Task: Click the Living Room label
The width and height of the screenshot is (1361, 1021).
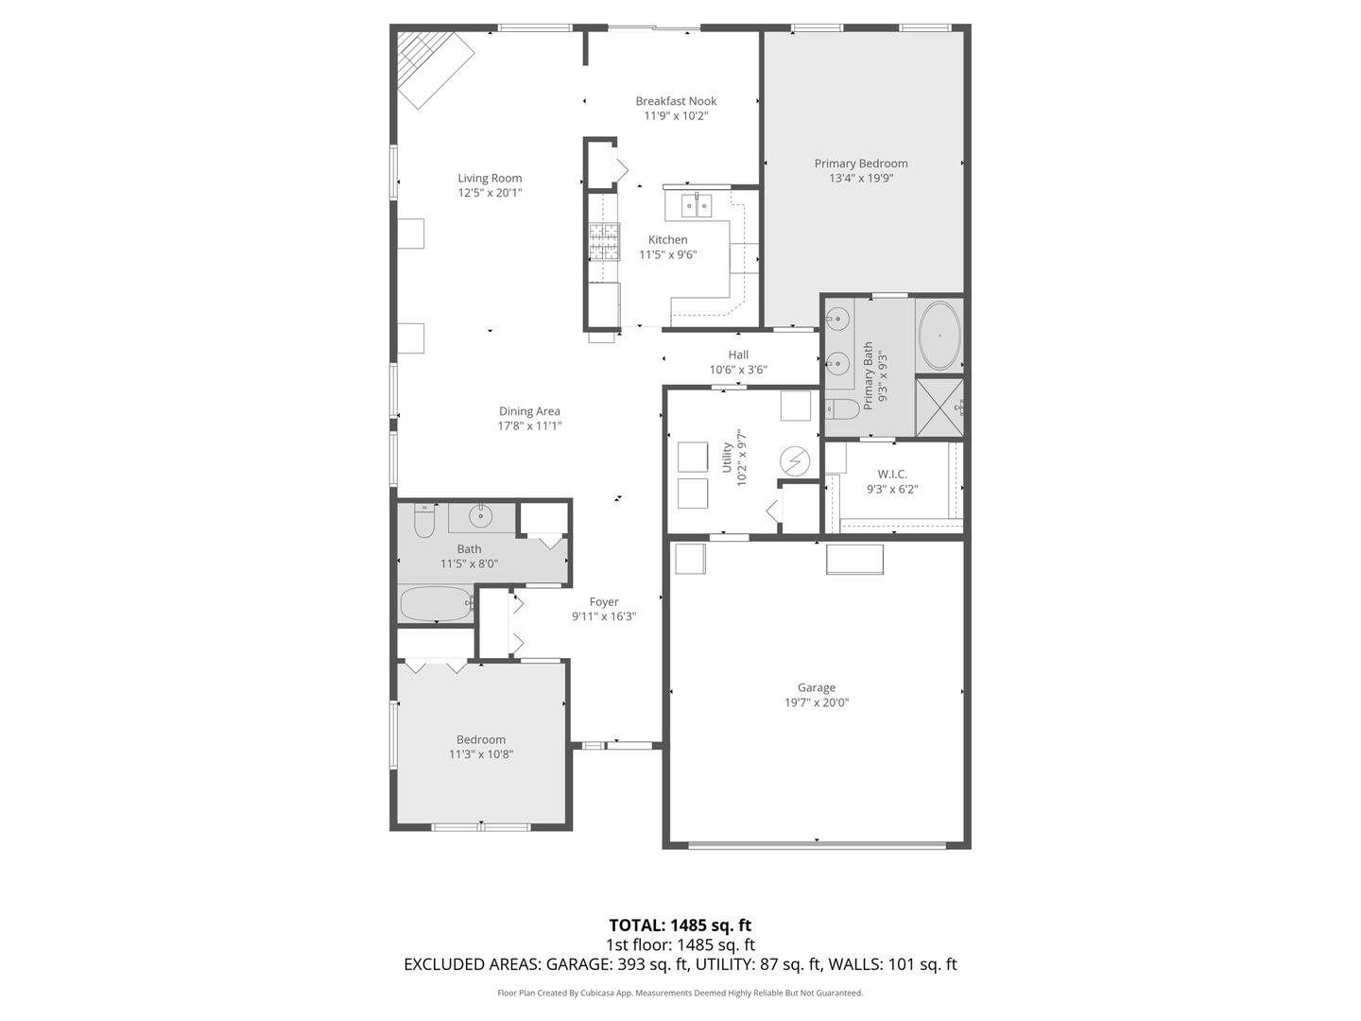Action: [x=490, y=178]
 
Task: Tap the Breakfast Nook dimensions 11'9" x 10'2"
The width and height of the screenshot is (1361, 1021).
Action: [x=676, y=116]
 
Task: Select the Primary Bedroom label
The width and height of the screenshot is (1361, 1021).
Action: [x=861, y=164]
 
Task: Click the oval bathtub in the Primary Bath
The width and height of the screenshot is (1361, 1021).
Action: [x=939, y=336]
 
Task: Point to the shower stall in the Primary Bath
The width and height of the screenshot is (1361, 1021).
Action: [x=939, y=407]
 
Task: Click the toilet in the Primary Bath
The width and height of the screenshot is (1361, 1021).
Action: [x=841, y=408]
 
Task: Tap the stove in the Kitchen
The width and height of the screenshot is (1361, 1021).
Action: [x=605, y=241]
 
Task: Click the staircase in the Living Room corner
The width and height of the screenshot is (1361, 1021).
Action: [x=433, y=68]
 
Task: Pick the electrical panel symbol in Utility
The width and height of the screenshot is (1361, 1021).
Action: [x=795, y=461]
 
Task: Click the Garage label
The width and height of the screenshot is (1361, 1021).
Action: [x=816, y=688]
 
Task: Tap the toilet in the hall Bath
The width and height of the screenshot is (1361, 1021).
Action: [x=423, y=520]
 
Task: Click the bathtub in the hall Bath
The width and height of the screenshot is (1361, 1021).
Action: [x=436, y=602]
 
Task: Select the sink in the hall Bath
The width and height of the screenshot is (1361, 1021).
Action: [x=481, y=516]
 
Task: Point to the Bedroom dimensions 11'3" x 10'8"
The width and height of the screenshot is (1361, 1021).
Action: [x=481, y=754]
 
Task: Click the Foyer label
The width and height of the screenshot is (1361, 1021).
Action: [x=604, y=601]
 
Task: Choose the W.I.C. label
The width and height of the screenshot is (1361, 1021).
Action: [x=892, y=474]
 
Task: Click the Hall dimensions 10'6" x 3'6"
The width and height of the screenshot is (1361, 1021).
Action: [x=738, y=370]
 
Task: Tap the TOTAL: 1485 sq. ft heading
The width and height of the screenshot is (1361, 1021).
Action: [x=680, y=926]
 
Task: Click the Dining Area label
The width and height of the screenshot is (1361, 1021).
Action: [x=529, y=411]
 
